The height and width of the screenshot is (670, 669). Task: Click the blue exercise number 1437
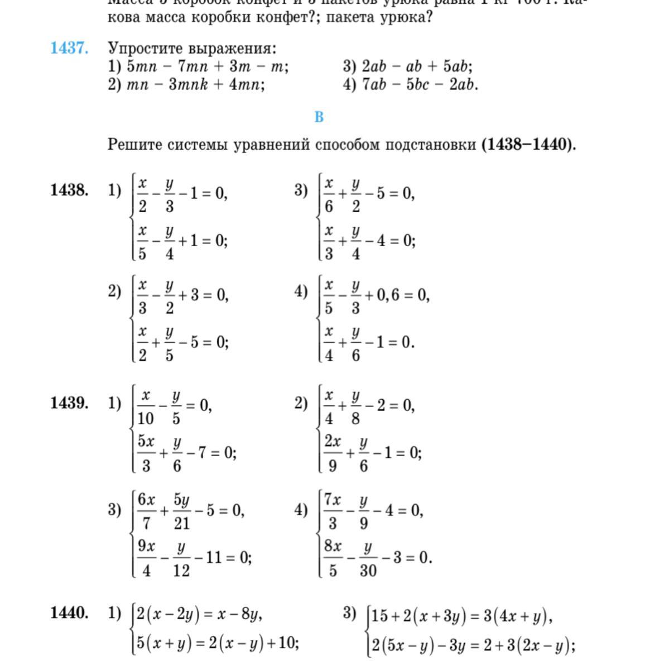tap(69, 48)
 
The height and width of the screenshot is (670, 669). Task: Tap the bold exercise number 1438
tap(69, 190)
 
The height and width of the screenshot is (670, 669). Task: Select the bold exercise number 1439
tap(69, 403)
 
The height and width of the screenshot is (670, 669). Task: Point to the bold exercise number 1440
tap(69, 612)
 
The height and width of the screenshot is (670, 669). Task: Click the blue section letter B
tap(319, 117)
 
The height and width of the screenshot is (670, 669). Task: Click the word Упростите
tap(146, 48)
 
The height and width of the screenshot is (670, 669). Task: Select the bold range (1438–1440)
tap(528, 145)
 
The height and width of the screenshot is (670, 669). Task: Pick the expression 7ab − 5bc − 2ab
tap(420, 84)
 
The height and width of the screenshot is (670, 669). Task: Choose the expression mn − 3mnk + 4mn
tap(196, 84)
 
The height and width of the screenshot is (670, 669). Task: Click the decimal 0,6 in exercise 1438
tap(388, 295)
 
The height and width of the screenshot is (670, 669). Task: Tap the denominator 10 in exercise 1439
tap(146, 418)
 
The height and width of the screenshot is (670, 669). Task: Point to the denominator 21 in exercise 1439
tap(182, 523)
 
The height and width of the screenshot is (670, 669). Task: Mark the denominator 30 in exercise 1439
tap(368, 570)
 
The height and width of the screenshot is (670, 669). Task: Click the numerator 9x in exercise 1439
tap(146, 545)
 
